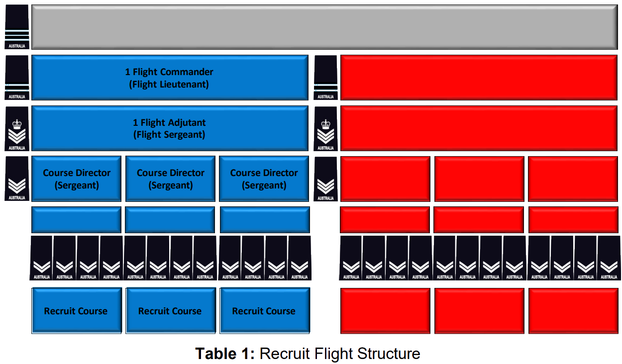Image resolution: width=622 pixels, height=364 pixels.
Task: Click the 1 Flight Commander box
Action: coord(169,78)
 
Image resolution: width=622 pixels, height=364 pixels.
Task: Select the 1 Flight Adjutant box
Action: coord(169,128)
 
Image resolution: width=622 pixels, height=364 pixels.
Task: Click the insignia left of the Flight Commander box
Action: coord(17,78)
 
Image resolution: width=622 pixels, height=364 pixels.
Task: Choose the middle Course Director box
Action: coord(170,179)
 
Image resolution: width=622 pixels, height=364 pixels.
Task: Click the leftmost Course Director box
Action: coord(77,179)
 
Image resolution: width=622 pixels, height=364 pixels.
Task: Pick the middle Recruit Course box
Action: coord(170,311)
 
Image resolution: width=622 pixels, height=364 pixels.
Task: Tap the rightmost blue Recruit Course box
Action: coord(264,311)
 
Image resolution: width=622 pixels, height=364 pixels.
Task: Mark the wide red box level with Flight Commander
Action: coord(479,78)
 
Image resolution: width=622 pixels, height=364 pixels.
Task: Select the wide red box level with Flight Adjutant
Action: coord(479,128)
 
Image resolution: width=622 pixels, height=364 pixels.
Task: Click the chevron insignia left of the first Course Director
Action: coord(17,179)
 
